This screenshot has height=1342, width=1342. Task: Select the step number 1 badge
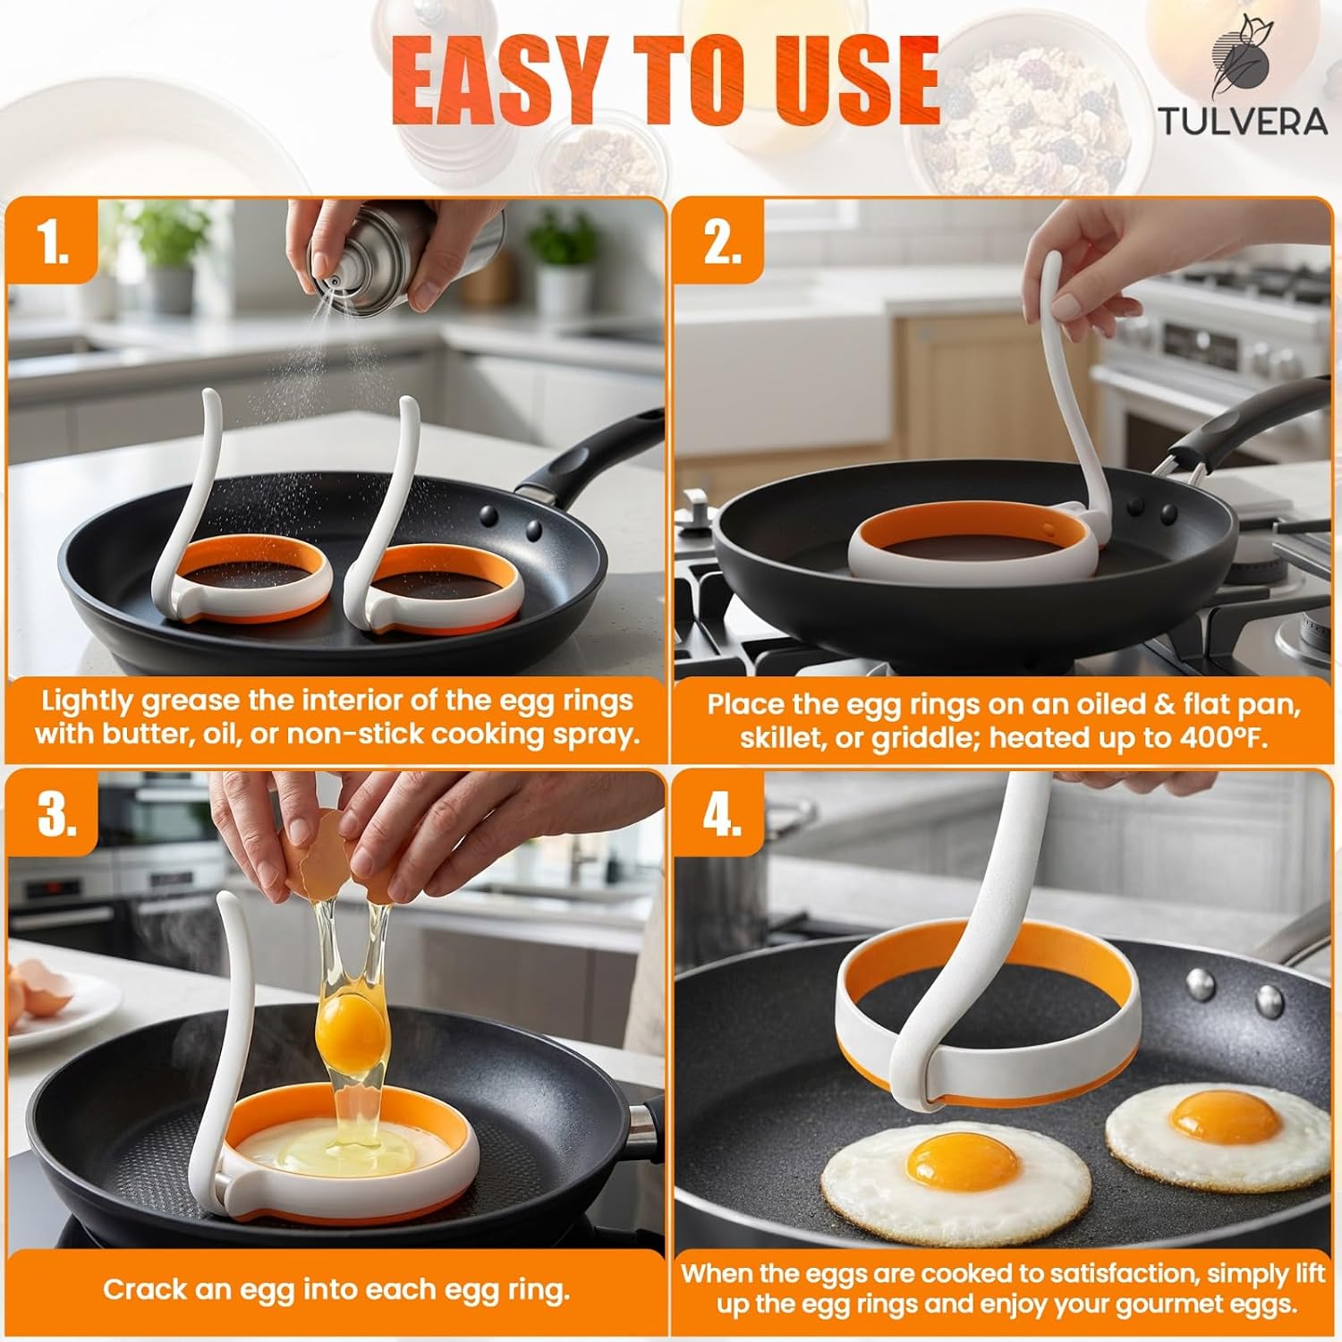point(54,242)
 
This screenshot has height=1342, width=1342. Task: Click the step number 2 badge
point(721,242)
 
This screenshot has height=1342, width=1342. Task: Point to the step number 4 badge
point(721,814)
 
